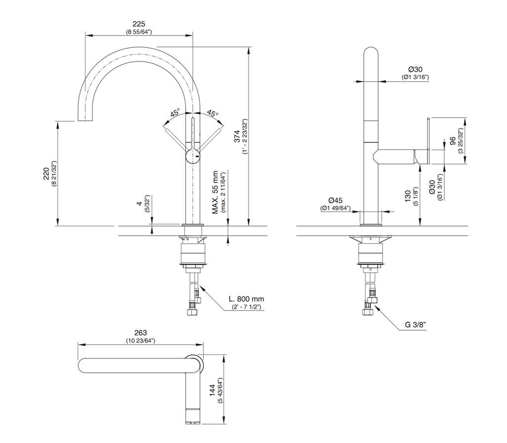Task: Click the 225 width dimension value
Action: (139, 24)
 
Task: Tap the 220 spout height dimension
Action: (46, 173)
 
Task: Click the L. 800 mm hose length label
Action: (246, 299)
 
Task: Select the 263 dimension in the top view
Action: (141, 333)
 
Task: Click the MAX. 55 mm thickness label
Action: (215, 192)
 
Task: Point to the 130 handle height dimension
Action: (408, 196)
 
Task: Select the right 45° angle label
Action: (212, 113)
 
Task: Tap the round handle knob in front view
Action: (193, 157)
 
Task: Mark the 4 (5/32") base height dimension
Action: (140, 203)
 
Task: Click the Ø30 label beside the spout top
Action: (415, 69)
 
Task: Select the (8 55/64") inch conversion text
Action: (139, 32)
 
